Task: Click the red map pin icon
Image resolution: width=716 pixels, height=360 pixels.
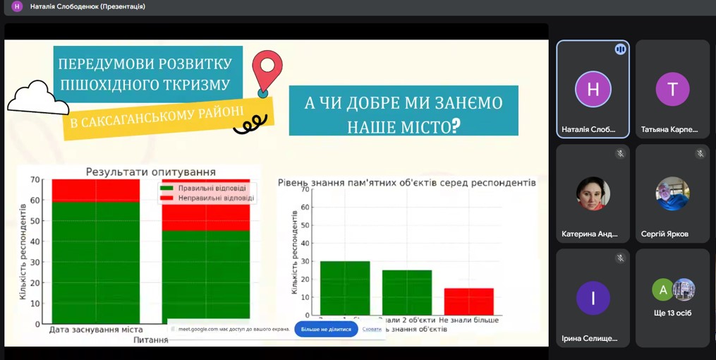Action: coord(267,68)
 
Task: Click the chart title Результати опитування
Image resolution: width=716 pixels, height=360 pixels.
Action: coord(150,172)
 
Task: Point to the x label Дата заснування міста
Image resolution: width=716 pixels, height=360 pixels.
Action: coord(96,330)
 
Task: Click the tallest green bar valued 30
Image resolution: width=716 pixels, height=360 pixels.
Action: coord(345,287)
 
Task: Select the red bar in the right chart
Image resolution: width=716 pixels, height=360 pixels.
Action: coord(469,301)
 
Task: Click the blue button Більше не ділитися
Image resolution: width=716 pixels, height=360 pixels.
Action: coord(326,329)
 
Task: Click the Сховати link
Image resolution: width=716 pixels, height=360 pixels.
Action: coord(372,329)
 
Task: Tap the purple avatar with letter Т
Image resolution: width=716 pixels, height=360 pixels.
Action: coord(672,89)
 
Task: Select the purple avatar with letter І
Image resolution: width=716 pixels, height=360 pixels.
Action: coord(593,298)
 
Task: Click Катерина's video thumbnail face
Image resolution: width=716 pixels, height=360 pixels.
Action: coord(593,193)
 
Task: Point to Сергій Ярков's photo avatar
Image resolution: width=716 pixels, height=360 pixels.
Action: coord(672,193)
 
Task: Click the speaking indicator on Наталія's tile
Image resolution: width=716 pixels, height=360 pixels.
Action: coord(620,49)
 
